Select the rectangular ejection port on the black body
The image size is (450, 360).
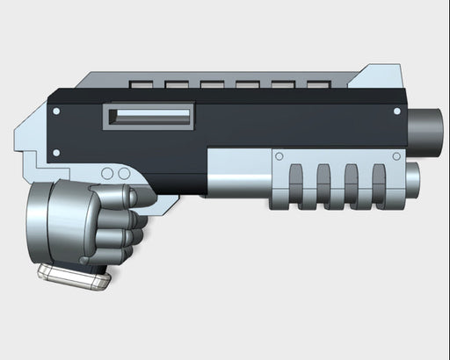[x=149, y=116]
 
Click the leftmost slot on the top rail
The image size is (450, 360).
[x=140, y=85]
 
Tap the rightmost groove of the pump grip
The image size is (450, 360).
[x=380, y=184]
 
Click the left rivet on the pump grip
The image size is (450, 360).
[x=279, y=157]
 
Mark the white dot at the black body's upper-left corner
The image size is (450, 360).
[x=57, y=112]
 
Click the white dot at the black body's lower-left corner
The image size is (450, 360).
[x=57, y=153]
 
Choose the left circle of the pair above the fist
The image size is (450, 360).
[x=108, y=174]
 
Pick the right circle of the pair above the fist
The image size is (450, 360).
[x=125, y=174]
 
